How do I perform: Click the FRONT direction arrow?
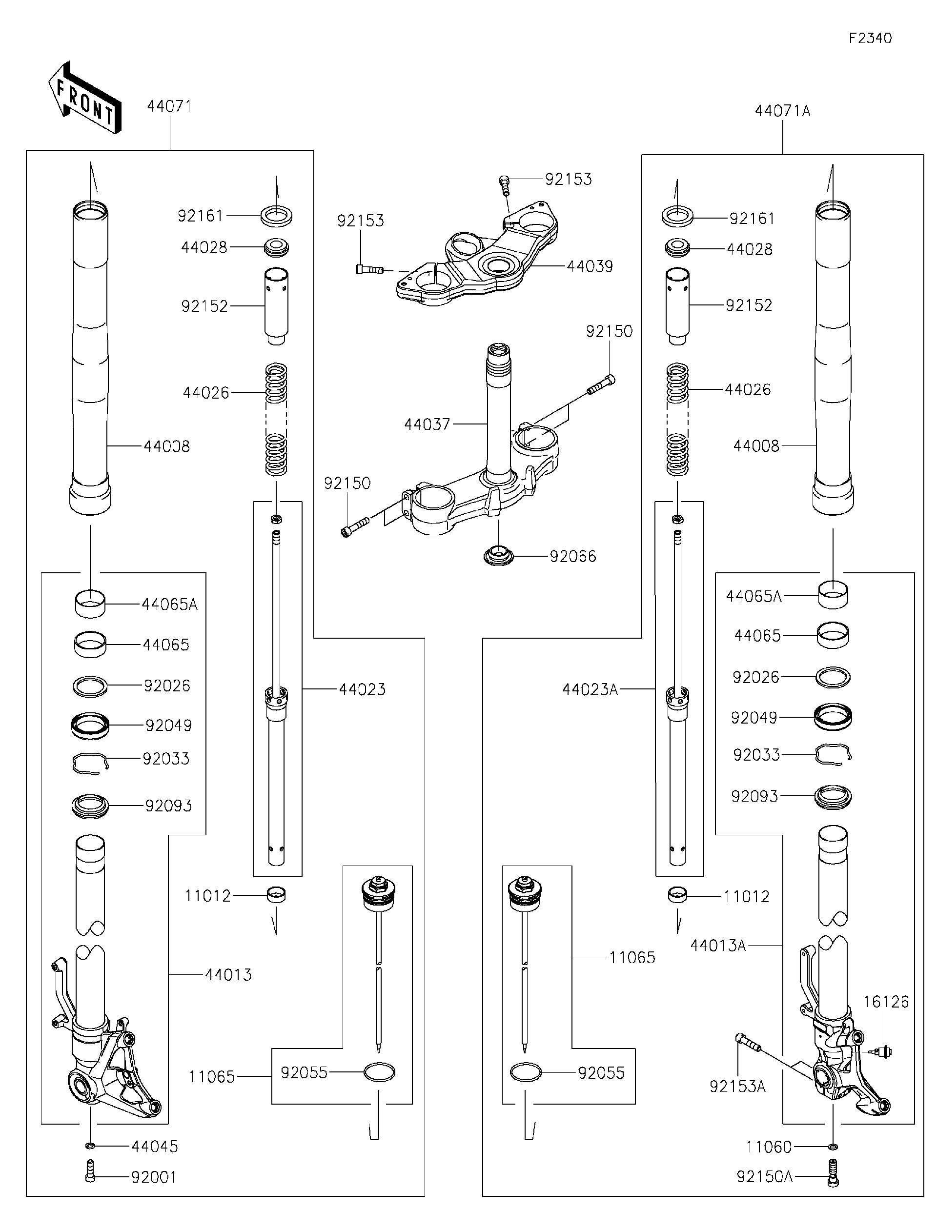pos(85,98)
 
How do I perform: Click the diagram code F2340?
pos(870,38)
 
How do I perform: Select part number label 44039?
pos(590,266)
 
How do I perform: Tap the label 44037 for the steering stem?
pos(427,424)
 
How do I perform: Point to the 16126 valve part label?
pos(885,1002)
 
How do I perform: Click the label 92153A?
pos(737,1087)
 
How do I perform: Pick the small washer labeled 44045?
pos(90,1145)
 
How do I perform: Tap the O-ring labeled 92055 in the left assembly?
pos(380,1072)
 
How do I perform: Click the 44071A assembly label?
pos(782,111)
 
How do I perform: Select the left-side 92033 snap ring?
pos(90,763)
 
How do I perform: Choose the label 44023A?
pos(590,689)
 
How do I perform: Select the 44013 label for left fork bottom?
pos(228,974)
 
